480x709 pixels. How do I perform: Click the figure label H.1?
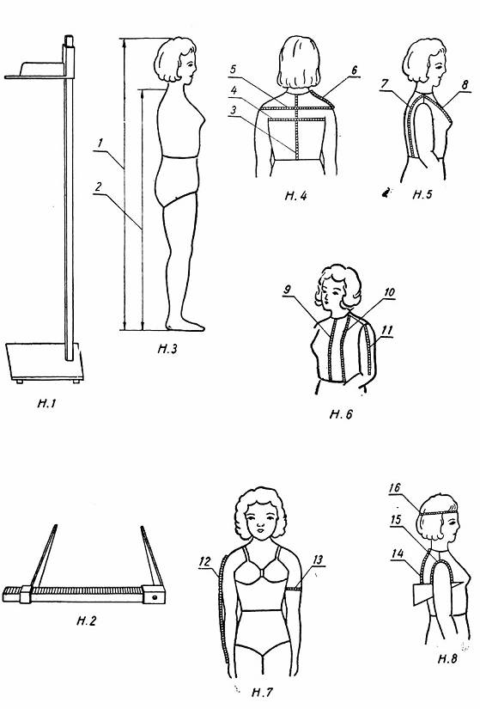[46, 403]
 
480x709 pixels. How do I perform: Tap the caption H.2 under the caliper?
[87, 620]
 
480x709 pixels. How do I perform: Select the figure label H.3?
[167, 349]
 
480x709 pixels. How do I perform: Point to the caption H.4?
[296, 196]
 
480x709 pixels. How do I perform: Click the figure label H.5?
[422, 194]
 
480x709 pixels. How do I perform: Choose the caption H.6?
[341, 414]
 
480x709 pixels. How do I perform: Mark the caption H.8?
[447, 658]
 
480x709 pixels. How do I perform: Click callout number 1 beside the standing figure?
[100, 144]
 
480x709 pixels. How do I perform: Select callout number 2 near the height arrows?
[99, 186]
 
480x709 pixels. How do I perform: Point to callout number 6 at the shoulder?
[354, 70]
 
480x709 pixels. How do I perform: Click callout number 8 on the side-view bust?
[465, 84]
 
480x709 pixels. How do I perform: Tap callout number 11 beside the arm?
[386, 331]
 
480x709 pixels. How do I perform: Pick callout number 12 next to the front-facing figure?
[204, 561]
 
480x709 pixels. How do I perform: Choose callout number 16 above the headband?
[395, 487]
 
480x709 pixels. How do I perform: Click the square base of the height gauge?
[45, 362]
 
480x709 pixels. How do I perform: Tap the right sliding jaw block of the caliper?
[153, 594]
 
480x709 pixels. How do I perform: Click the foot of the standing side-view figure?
[185, 325]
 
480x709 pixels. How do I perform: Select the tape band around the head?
[439, 511]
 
